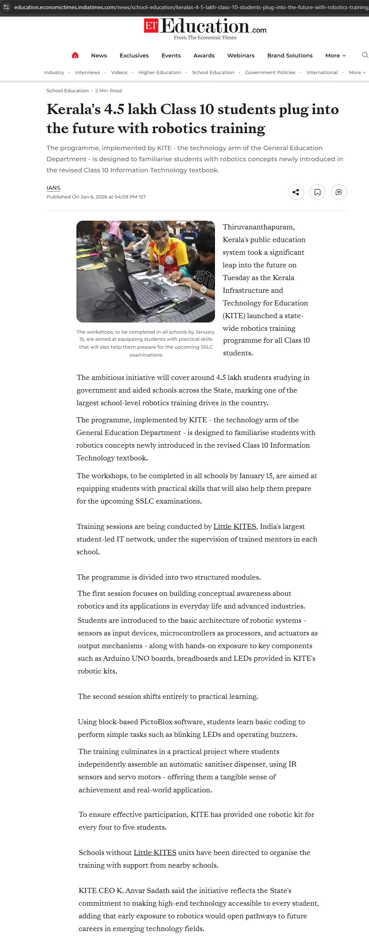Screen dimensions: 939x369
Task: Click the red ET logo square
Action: click(x=151, y=26)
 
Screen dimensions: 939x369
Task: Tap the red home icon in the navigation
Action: click(x=75, y=55)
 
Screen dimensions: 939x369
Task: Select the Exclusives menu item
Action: click(x=134, y=55)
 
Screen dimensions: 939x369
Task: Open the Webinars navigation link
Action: click(x=241, y=55)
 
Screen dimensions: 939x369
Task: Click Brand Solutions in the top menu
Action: click(x=290, y=55)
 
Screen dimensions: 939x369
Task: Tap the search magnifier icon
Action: click(x=365, y=55)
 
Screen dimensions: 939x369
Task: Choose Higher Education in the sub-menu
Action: click(x=160, y=73)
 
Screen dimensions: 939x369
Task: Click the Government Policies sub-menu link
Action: click(x=270, y=73)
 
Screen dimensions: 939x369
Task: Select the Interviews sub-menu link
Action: click(x=87, y=73)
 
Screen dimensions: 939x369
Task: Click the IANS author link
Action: click(x=53, y=188)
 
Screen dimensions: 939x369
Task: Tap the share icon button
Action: click(x=296, y=192)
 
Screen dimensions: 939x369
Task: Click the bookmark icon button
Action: click(x=317, y=192)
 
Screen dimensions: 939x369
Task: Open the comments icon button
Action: click(x=339, y=192)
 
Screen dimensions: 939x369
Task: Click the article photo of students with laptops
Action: click(x=145, y=271)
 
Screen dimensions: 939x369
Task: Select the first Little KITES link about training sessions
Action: click(x=235, y=527)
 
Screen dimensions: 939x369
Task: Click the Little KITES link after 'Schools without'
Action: click(x=155, y=853)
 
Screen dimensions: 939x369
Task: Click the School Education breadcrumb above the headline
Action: click(x=67, y=91)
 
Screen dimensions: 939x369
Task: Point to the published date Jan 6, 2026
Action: click(x=94, y=197)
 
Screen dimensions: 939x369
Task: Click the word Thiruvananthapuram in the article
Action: click(x=258, y=227)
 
